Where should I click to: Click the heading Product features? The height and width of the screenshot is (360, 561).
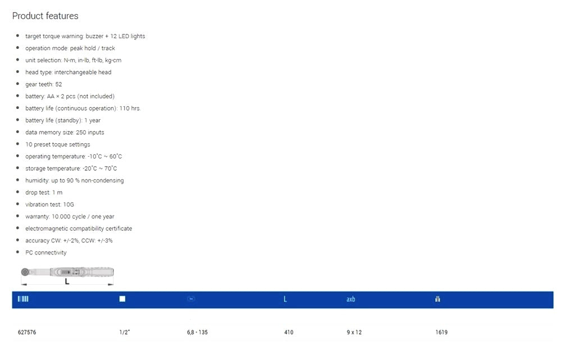coord(45,16)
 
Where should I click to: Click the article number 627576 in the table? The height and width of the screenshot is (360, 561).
coord(27,332)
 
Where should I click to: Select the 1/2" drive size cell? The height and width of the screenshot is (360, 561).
coord(125,332)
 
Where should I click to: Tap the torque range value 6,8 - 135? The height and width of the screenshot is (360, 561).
coord(197,332)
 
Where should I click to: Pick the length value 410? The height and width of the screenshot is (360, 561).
coord(289,332)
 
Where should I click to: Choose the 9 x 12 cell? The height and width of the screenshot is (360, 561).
coord(354,332)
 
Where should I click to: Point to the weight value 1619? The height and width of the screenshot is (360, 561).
coord(441,332)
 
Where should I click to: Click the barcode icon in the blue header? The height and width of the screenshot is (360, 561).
coord(23,299)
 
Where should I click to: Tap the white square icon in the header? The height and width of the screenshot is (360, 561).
coord(122,299)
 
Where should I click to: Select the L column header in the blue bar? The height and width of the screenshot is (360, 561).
coord(285,299)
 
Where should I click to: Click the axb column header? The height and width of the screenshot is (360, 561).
coord(350,299)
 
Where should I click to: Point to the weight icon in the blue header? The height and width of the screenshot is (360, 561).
coord(437,299)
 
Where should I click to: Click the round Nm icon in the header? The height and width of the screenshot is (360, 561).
coord(191,299)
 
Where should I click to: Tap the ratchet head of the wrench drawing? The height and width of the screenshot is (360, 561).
coord(26,272)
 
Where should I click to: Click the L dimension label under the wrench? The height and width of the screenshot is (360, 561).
coord(67,281)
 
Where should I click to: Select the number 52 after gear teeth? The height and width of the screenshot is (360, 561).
coord(58,84)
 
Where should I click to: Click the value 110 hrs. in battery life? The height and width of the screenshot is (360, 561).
coord(130,108)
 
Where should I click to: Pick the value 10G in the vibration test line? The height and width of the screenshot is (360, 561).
coord(68,204)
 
